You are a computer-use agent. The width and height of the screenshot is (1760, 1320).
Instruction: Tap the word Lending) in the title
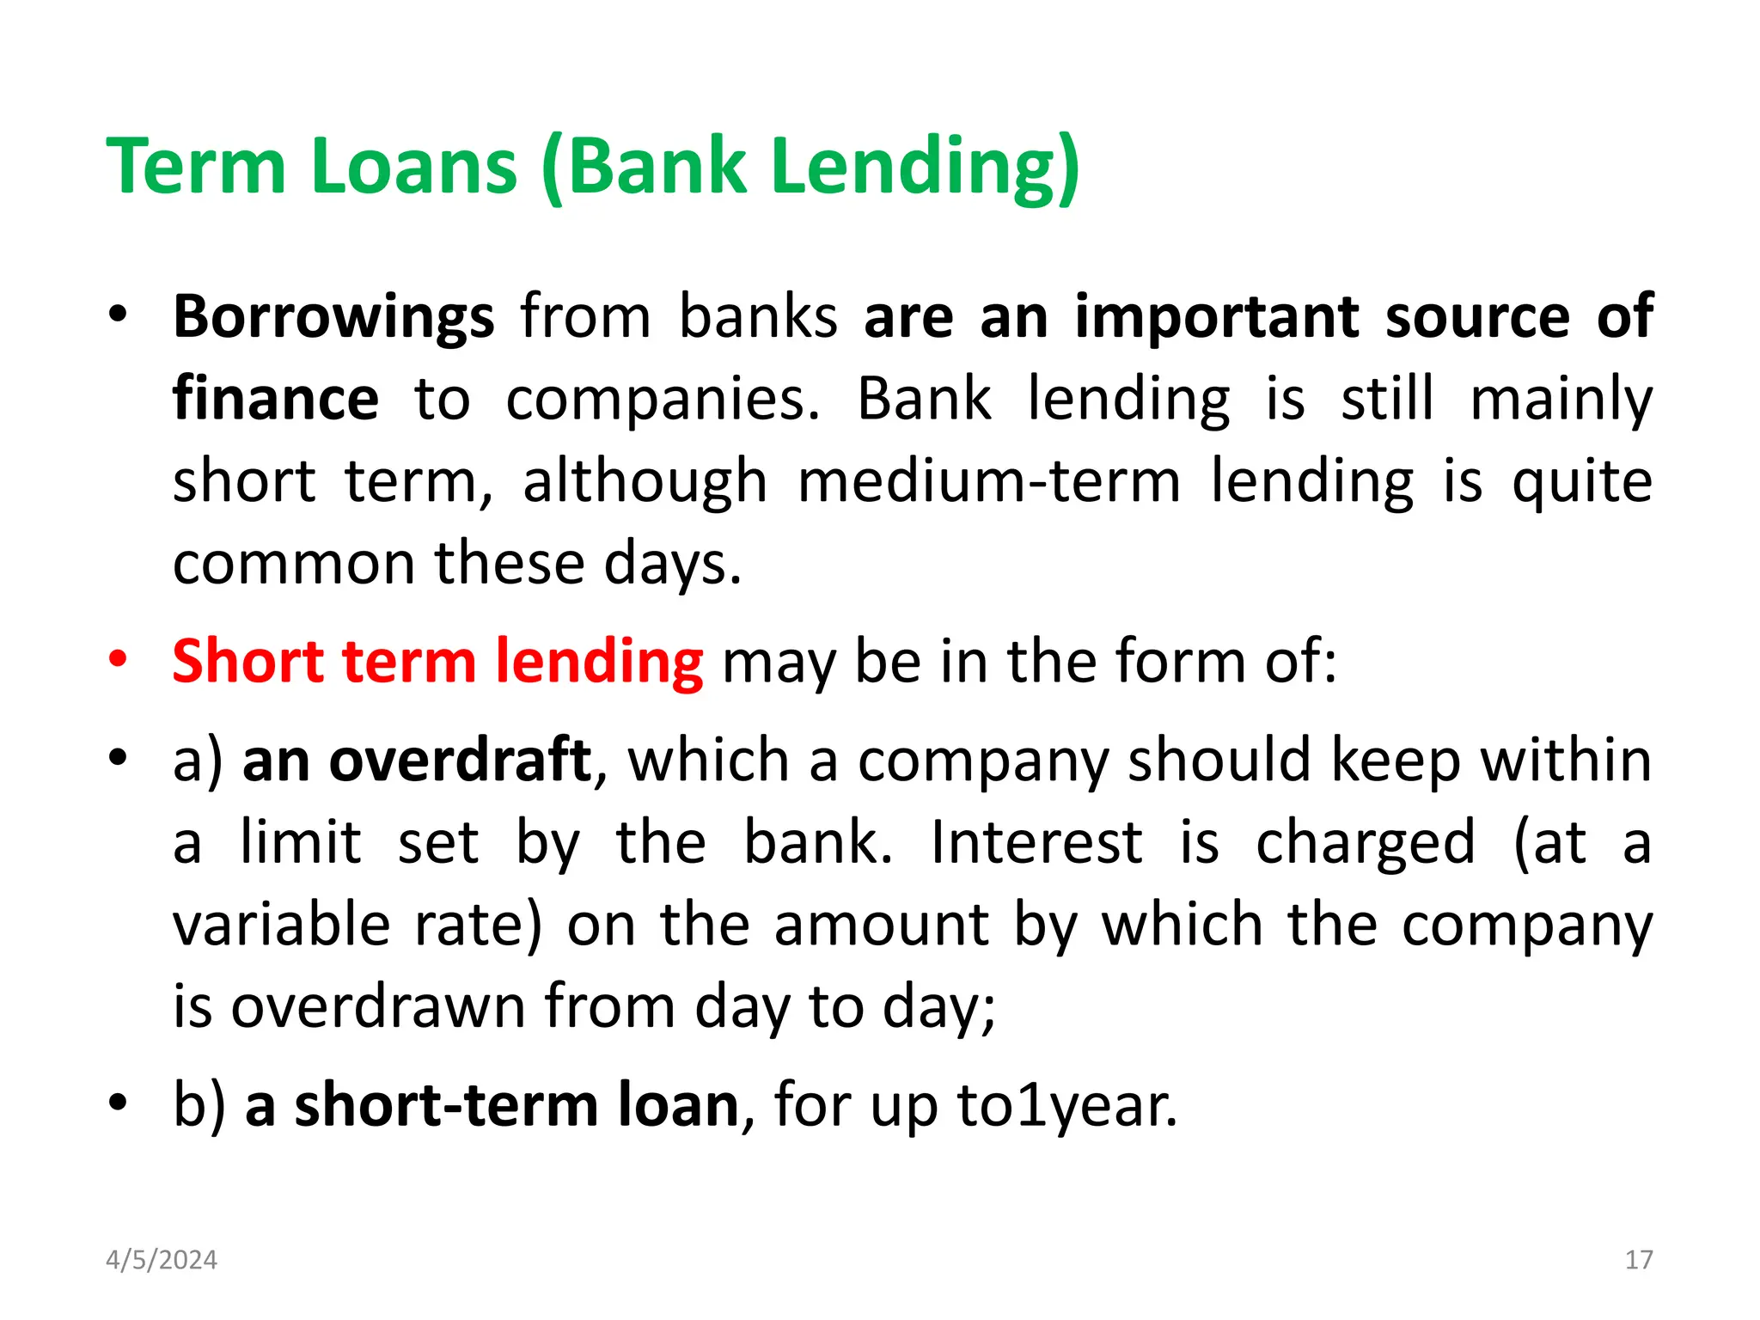pos(926,168)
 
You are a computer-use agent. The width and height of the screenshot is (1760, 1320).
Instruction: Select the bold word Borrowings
pos(333,317)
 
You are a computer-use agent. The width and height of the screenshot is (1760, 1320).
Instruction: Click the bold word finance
pos(275,399)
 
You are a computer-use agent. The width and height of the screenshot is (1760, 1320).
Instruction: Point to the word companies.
pos(662,400)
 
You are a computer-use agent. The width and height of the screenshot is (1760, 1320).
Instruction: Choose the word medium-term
pos(988,481)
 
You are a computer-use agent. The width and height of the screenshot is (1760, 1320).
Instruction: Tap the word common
pos(293,563)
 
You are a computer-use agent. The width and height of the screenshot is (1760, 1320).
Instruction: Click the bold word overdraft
pos(460,760)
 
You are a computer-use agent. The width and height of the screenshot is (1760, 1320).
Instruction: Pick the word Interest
pos(1036,842)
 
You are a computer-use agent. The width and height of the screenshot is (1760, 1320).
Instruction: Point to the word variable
pos(282,925)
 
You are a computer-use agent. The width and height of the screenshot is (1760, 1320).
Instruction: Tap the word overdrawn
pos(378,1006)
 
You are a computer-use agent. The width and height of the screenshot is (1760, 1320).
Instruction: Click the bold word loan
pos(678,1105)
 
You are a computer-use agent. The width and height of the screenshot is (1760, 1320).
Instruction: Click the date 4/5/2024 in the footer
pos(162,1260)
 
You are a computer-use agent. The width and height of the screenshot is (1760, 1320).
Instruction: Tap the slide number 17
pos(1638,1260)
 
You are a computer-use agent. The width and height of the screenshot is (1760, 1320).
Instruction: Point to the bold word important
pos(1217,317)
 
